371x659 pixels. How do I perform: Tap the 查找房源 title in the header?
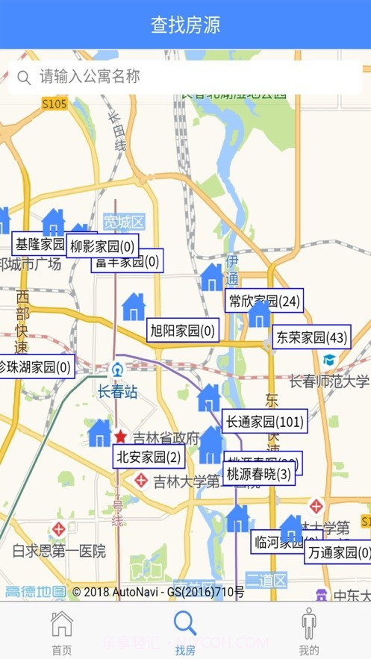185,25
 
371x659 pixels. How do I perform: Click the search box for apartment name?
185,77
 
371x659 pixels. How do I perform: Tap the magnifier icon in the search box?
24,78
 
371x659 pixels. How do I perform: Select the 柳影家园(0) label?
102,246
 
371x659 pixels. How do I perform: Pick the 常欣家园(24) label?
264,301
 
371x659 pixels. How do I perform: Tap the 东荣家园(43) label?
311,337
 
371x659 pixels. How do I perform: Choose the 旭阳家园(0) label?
183,330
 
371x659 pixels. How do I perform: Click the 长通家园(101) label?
264,421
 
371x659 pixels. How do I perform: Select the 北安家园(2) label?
149,457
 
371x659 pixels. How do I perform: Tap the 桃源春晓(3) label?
259,474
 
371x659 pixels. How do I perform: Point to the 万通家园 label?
339,552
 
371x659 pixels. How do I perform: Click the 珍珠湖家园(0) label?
35,366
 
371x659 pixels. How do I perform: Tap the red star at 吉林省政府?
120,437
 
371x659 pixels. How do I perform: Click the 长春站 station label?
117,391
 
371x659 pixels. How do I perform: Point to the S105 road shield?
54,104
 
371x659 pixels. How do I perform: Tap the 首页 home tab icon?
62,623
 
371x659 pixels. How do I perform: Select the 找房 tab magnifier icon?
185,623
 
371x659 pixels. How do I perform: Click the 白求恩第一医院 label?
59,552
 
